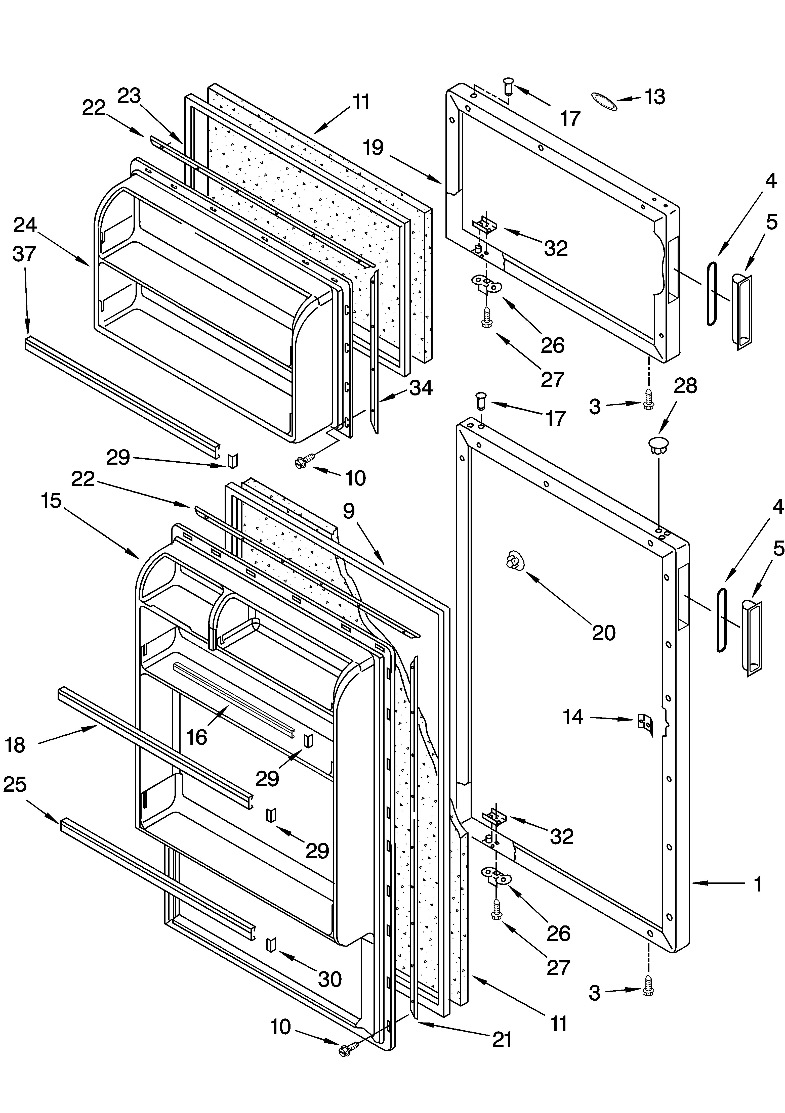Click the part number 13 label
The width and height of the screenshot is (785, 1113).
tap(654, 97)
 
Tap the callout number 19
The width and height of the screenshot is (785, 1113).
tap(373, 147)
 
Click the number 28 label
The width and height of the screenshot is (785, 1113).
tap(685, 386)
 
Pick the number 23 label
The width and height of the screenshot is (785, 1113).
tap(129, 96)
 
